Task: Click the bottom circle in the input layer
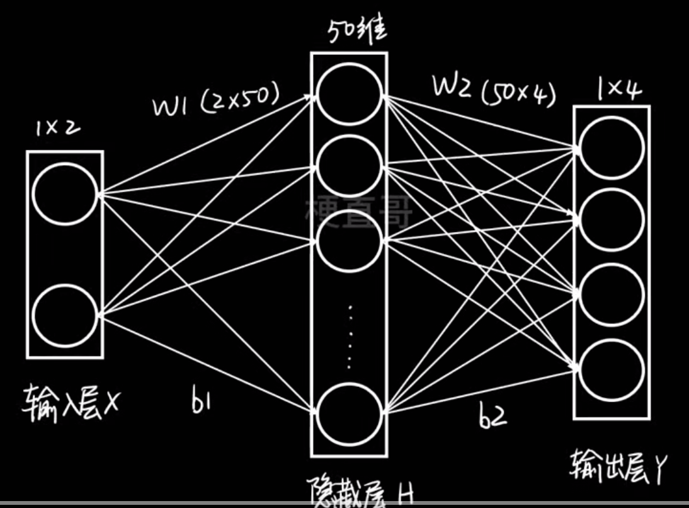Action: click(64, 313)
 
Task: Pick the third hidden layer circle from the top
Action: click(349, 240)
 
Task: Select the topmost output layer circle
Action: click(612, 149)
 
